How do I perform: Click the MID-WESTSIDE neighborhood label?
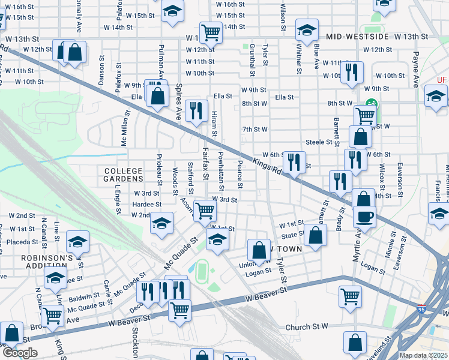357,37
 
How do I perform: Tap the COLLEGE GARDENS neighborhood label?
123,175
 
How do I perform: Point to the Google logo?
20,353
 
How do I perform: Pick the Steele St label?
319,142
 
